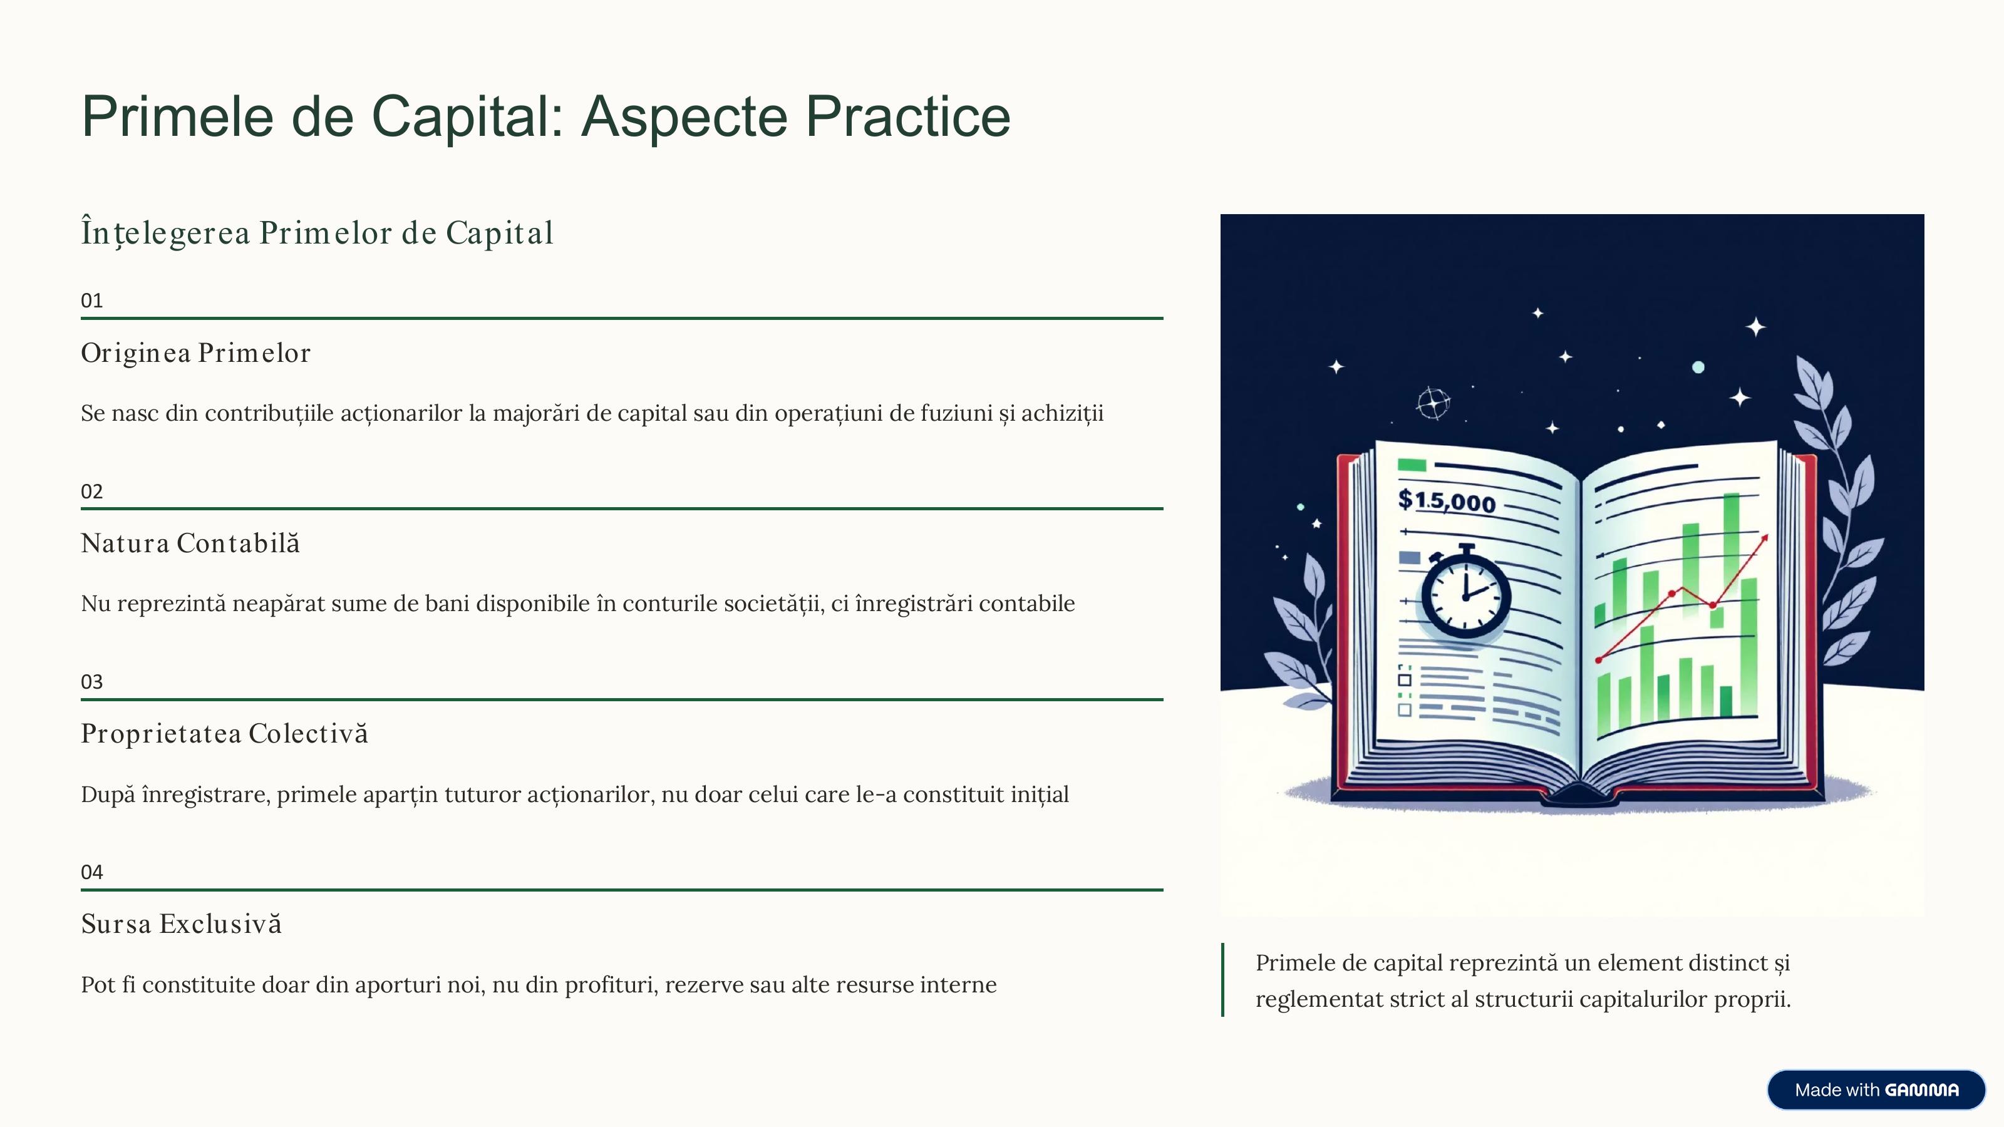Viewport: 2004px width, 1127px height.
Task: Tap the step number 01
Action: tap(92, 301)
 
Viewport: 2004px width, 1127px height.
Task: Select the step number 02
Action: tap(92, 491)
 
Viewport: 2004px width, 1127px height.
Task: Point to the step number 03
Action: tap(92, 682)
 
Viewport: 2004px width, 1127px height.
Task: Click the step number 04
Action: tap(92, 872)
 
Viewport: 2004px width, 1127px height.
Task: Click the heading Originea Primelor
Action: tap(196, 354)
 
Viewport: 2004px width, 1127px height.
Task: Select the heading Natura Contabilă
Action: tap(190, 543)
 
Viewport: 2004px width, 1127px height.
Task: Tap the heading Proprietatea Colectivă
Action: tap(225, 733)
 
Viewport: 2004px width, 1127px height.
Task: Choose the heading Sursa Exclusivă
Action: tap(181, 924)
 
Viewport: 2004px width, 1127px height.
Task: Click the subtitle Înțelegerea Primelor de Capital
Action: tap(318, 232)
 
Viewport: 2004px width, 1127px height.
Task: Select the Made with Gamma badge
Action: tap(1876, 1089)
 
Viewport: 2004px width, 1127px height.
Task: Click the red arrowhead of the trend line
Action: tap(1764, 538)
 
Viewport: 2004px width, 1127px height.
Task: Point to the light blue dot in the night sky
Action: tap(1698, 367)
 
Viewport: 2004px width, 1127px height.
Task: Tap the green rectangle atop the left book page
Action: tap(1412, 465)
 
